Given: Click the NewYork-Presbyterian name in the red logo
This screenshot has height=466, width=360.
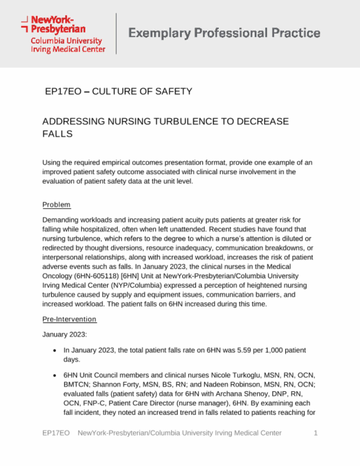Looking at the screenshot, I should point(58,24).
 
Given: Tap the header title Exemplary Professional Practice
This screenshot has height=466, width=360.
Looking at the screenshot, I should point(224,33).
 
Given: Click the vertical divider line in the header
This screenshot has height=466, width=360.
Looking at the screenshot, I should point(116,34).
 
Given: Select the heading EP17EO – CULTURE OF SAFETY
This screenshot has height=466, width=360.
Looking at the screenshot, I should point(118,91).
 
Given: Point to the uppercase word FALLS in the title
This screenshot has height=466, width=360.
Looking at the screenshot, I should point(57,134).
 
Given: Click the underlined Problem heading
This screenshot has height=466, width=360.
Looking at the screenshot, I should point(56,205).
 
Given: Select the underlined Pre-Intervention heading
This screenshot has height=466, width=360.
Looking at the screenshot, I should point(69,319).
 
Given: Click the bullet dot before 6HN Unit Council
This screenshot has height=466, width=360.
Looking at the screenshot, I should point(54,376).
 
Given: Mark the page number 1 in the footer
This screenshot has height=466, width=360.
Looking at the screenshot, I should point(315,433).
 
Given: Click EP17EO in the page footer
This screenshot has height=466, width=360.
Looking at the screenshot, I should point(56,433).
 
